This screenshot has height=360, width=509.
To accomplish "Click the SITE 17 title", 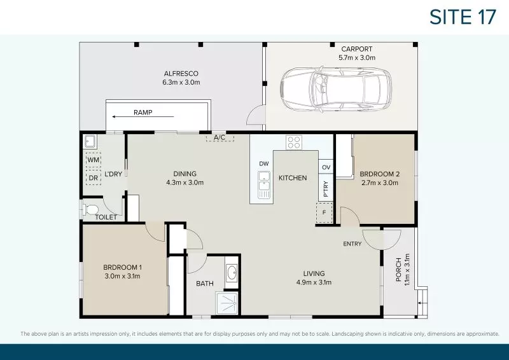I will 463,17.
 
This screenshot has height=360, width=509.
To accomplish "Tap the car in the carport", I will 336,90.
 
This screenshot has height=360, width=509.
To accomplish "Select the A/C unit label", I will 220,137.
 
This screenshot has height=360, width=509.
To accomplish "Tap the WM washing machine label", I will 94,160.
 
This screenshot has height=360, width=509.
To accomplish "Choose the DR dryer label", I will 94,178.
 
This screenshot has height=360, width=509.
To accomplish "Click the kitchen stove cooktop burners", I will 293,142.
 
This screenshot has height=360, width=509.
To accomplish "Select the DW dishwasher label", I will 264,163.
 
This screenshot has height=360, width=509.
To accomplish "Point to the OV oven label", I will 326,167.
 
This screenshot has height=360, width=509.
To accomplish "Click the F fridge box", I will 324,212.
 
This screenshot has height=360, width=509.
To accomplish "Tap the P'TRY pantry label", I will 325,189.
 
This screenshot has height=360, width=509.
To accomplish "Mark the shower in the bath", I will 228,303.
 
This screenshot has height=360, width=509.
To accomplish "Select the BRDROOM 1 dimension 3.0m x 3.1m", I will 122,276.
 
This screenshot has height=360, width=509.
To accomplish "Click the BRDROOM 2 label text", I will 379,174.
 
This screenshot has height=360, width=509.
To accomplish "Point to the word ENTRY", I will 352,244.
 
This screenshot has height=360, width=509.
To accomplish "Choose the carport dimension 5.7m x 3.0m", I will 357,57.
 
